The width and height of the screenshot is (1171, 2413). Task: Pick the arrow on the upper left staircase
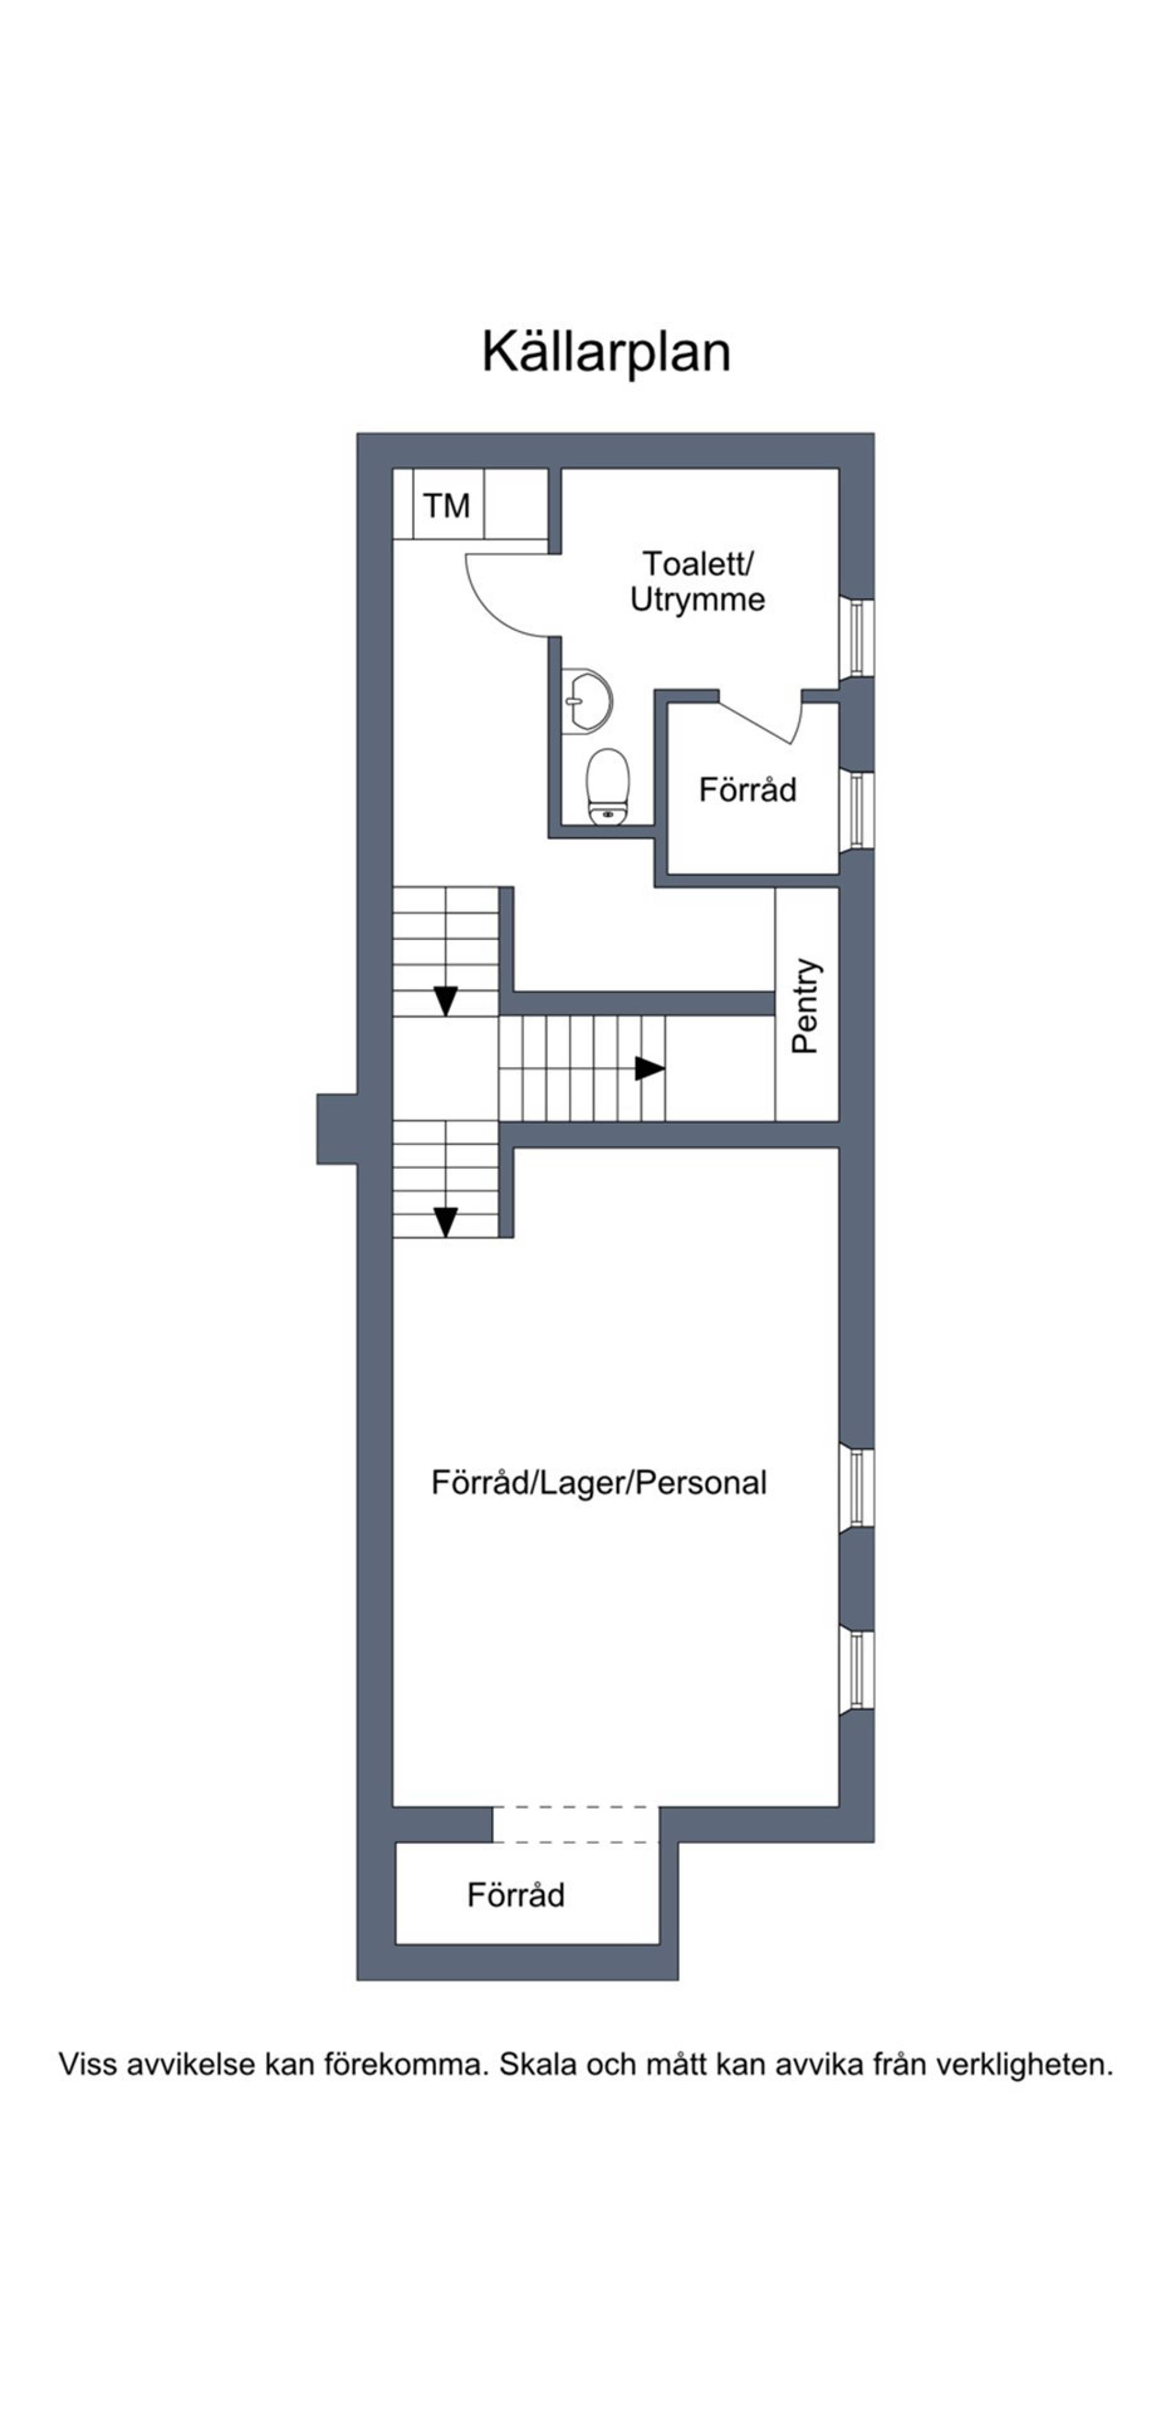tap(446, 1001)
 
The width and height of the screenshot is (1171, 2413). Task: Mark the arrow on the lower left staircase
tap(446, 1222)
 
